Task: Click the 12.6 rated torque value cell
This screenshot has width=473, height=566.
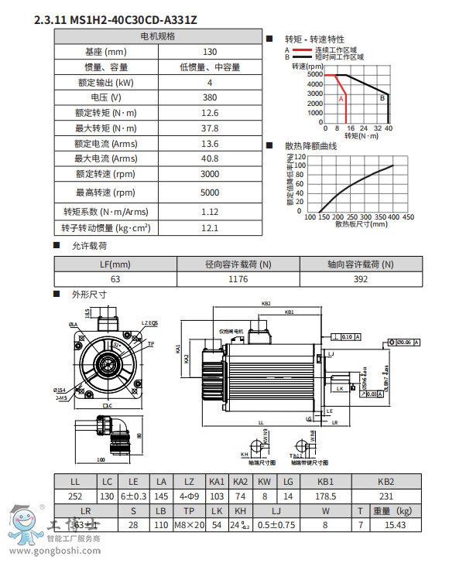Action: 209,113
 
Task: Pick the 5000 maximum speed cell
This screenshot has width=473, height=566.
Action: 209,193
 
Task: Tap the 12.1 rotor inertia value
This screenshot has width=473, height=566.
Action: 209,228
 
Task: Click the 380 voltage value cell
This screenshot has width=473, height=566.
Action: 209,98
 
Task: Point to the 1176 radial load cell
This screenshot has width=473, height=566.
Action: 238,279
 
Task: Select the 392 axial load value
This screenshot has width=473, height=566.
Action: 361,279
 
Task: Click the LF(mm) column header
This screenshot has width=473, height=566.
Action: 115,264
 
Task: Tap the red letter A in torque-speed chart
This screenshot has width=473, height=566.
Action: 341,99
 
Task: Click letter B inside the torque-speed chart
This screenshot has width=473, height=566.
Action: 381,98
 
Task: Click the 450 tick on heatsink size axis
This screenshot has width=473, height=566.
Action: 408,217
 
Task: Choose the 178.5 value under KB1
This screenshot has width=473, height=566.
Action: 327,496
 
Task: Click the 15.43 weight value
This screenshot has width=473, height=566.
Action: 395,525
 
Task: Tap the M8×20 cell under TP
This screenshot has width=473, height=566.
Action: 189,525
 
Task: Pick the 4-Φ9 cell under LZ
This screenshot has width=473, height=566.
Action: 189,496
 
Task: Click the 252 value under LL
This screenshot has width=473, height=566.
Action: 75,496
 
